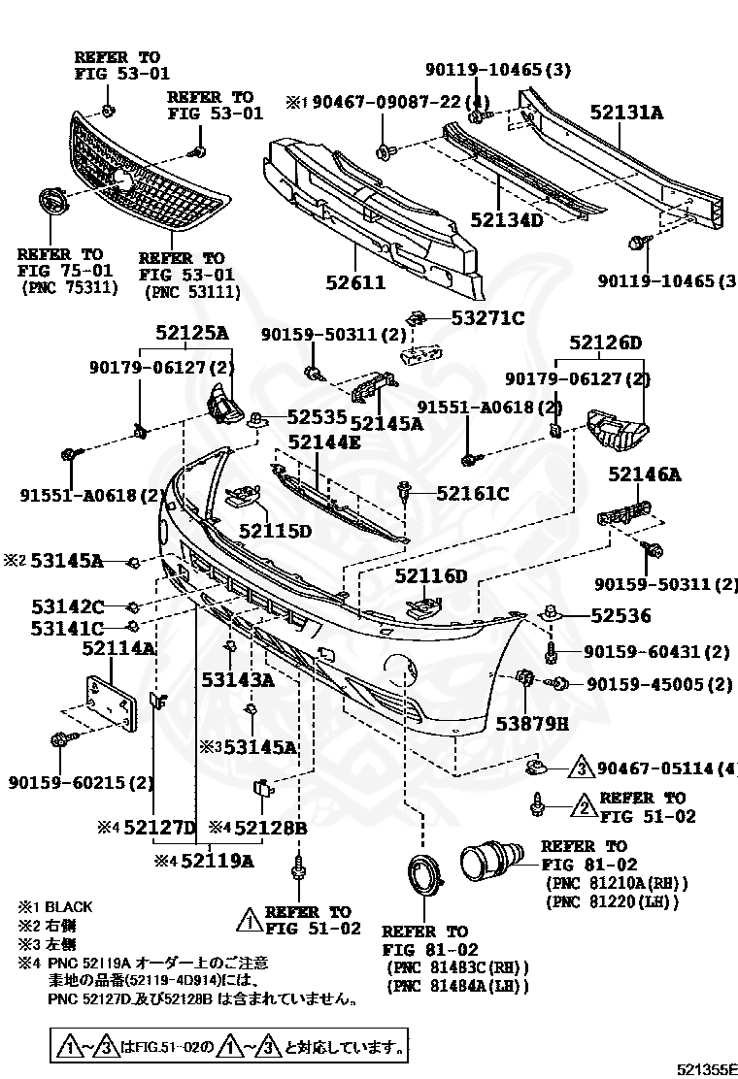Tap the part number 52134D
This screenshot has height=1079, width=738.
[506, 219]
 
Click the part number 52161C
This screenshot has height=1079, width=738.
[472, 494]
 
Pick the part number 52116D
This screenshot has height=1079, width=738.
[430, 577]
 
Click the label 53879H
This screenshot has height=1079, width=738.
[532, 723]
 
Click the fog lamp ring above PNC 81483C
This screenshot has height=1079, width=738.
[423, 878]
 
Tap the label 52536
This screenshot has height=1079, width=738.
[621, 615]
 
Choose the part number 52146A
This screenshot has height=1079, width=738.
[645, 474]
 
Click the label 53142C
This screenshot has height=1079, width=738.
[67, 606]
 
